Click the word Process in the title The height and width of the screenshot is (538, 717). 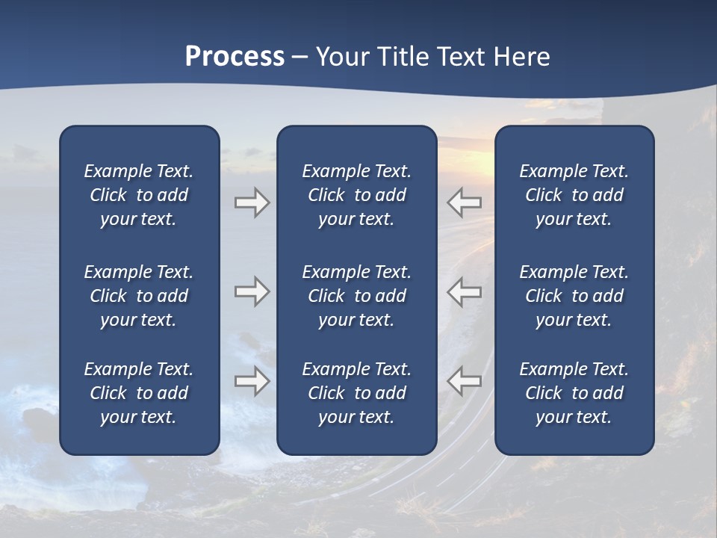(235, 57)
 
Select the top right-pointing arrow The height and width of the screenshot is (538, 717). (252, 202)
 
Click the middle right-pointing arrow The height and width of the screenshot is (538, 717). (252, 291)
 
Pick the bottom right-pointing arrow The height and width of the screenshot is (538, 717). (252, 381)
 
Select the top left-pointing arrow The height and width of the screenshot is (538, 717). (465, 202)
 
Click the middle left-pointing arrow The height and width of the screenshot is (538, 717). (465, 291)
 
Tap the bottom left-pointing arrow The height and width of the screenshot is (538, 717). (465, 381)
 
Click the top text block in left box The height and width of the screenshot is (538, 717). (139, 195)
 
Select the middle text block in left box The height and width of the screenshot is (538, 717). (139, 296)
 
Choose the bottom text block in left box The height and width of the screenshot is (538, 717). (139, 393)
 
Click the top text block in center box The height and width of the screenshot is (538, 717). (356, 195)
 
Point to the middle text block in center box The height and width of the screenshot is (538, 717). (356, 296)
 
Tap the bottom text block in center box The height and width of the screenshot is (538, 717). (356, 393)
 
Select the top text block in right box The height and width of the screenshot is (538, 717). (574, 195)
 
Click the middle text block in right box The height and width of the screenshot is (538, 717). (574, 296)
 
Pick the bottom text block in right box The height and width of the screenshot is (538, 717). (574, 393)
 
